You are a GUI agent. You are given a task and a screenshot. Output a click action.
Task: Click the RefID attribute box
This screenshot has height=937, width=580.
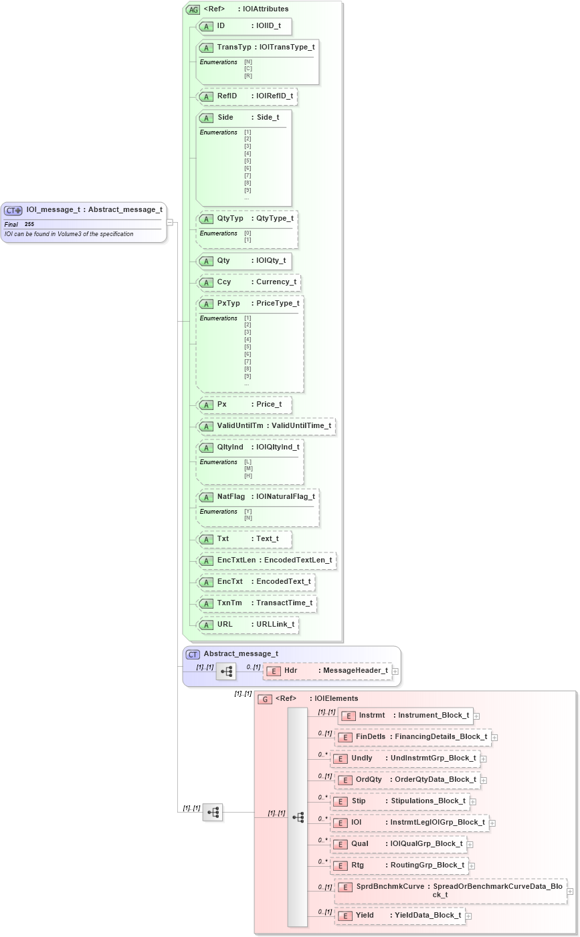[248, 96]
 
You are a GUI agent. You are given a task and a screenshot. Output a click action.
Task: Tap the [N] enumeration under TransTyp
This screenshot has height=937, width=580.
[248, 62]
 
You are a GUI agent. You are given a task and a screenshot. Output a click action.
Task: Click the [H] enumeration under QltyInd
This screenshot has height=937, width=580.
[248, 476]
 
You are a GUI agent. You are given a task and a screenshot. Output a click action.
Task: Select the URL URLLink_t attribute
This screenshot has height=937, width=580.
[248, 625]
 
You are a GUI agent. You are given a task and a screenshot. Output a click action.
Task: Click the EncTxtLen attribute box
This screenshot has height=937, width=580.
[267, 560]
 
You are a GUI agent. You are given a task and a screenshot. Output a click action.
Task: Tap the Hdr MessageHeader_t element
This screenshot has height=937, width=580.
[328, 671]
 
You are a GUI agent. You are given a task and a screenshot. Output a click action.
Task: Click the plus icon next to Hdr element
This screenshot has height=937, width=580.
[395, 671]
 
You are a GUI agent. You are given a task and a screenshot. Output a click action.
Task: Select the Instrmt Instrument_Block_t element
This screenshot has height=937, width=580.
[406, 716]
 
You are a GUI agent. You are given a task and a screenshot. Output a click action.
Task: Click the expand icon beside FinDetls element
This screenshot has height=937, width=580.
[494, 737]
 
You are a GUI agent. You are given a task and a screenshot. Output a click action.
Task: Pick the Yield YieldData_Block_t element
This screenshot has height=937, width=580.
[400, 916]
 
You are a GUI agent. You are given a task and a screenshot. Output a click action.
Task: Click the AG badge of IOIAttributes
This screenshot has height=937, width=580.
[193, 9]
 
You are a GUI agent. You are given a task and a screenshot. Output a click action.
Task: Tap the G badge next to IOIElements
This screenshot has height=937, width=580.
[265, 699]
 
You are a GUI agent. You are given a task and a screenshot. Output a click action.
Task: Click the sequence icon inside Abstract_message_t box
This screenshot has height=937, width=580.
[226, 671]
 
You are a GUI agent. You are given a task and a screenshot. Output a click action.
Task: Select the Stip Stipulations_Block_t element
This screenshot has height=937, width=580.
[399, 801]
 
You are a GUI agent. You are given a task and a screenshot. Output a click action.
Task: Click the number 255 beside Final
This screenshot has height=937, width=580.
[29, 224]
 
